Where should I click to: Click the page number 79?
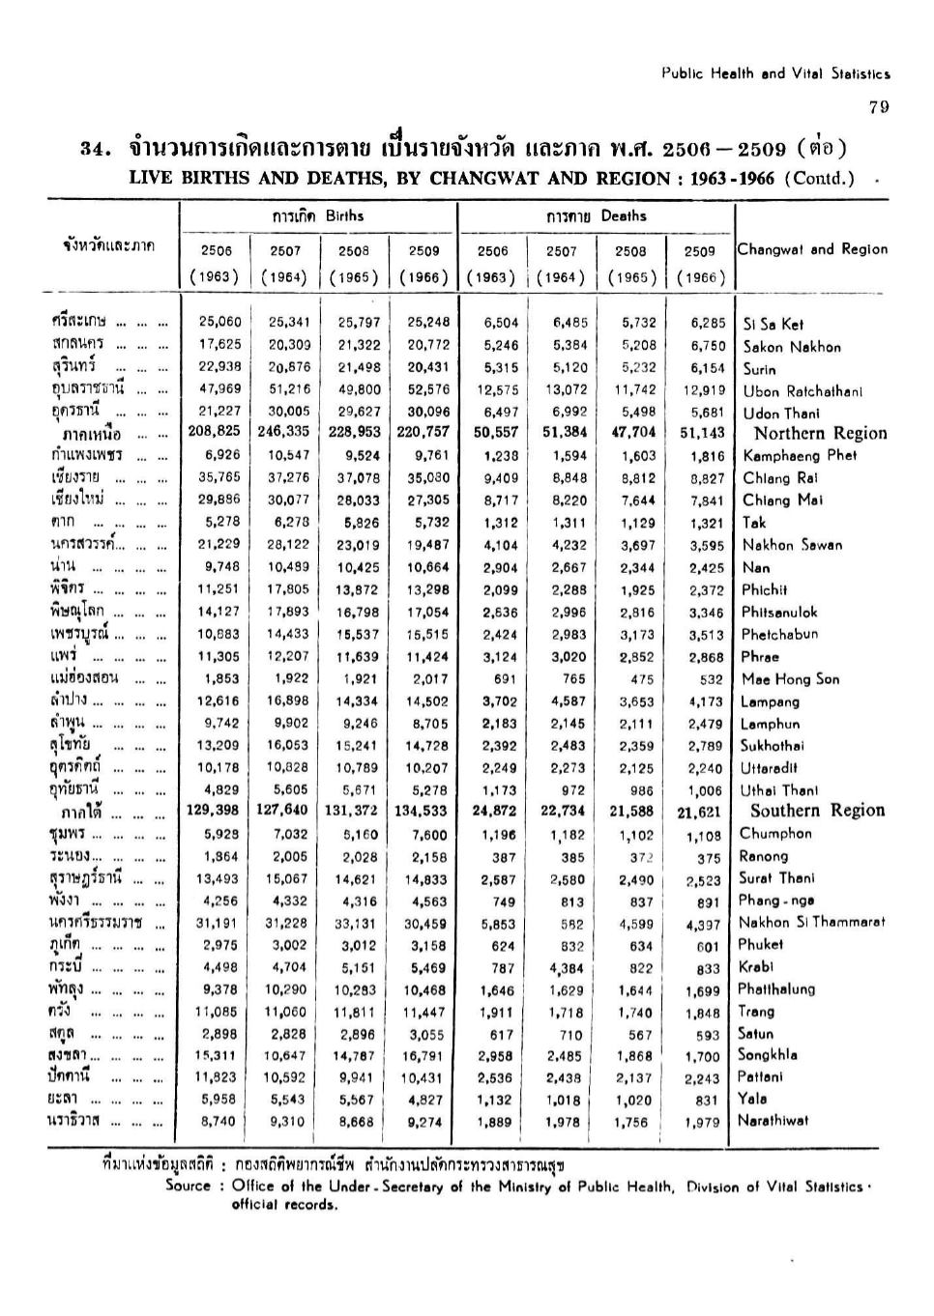pos(878,107)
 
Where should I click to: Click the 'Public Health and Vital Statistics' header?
pos(775,73)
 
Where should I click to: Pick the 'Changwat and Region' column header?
pos(812,249)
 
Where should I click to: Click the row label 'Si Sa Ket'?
pos(773,325)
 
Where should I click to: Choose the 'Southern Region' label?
pos(817,811)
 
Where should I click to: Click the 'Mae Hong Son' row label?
pos(790,679)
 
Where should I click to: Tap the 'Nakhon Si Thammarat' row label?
pos(811,922)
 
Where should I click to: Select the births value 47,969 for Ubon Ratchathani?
pos(219,389)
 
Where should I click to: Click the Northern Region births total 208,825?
pos(214,432)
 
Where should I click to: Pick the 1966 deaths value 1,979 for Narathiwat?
pos(702,1123)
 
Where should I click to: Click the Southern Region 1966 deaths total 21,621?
pos(699,813)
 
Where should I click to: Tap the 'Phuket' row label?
pos(760,945)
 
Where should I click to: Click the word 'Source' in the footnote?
pos(188,1186)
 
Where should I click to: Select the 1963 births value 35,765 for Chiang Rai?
pos(219,477)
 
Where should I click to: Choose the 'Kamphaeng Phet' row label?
pos(800,455)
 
